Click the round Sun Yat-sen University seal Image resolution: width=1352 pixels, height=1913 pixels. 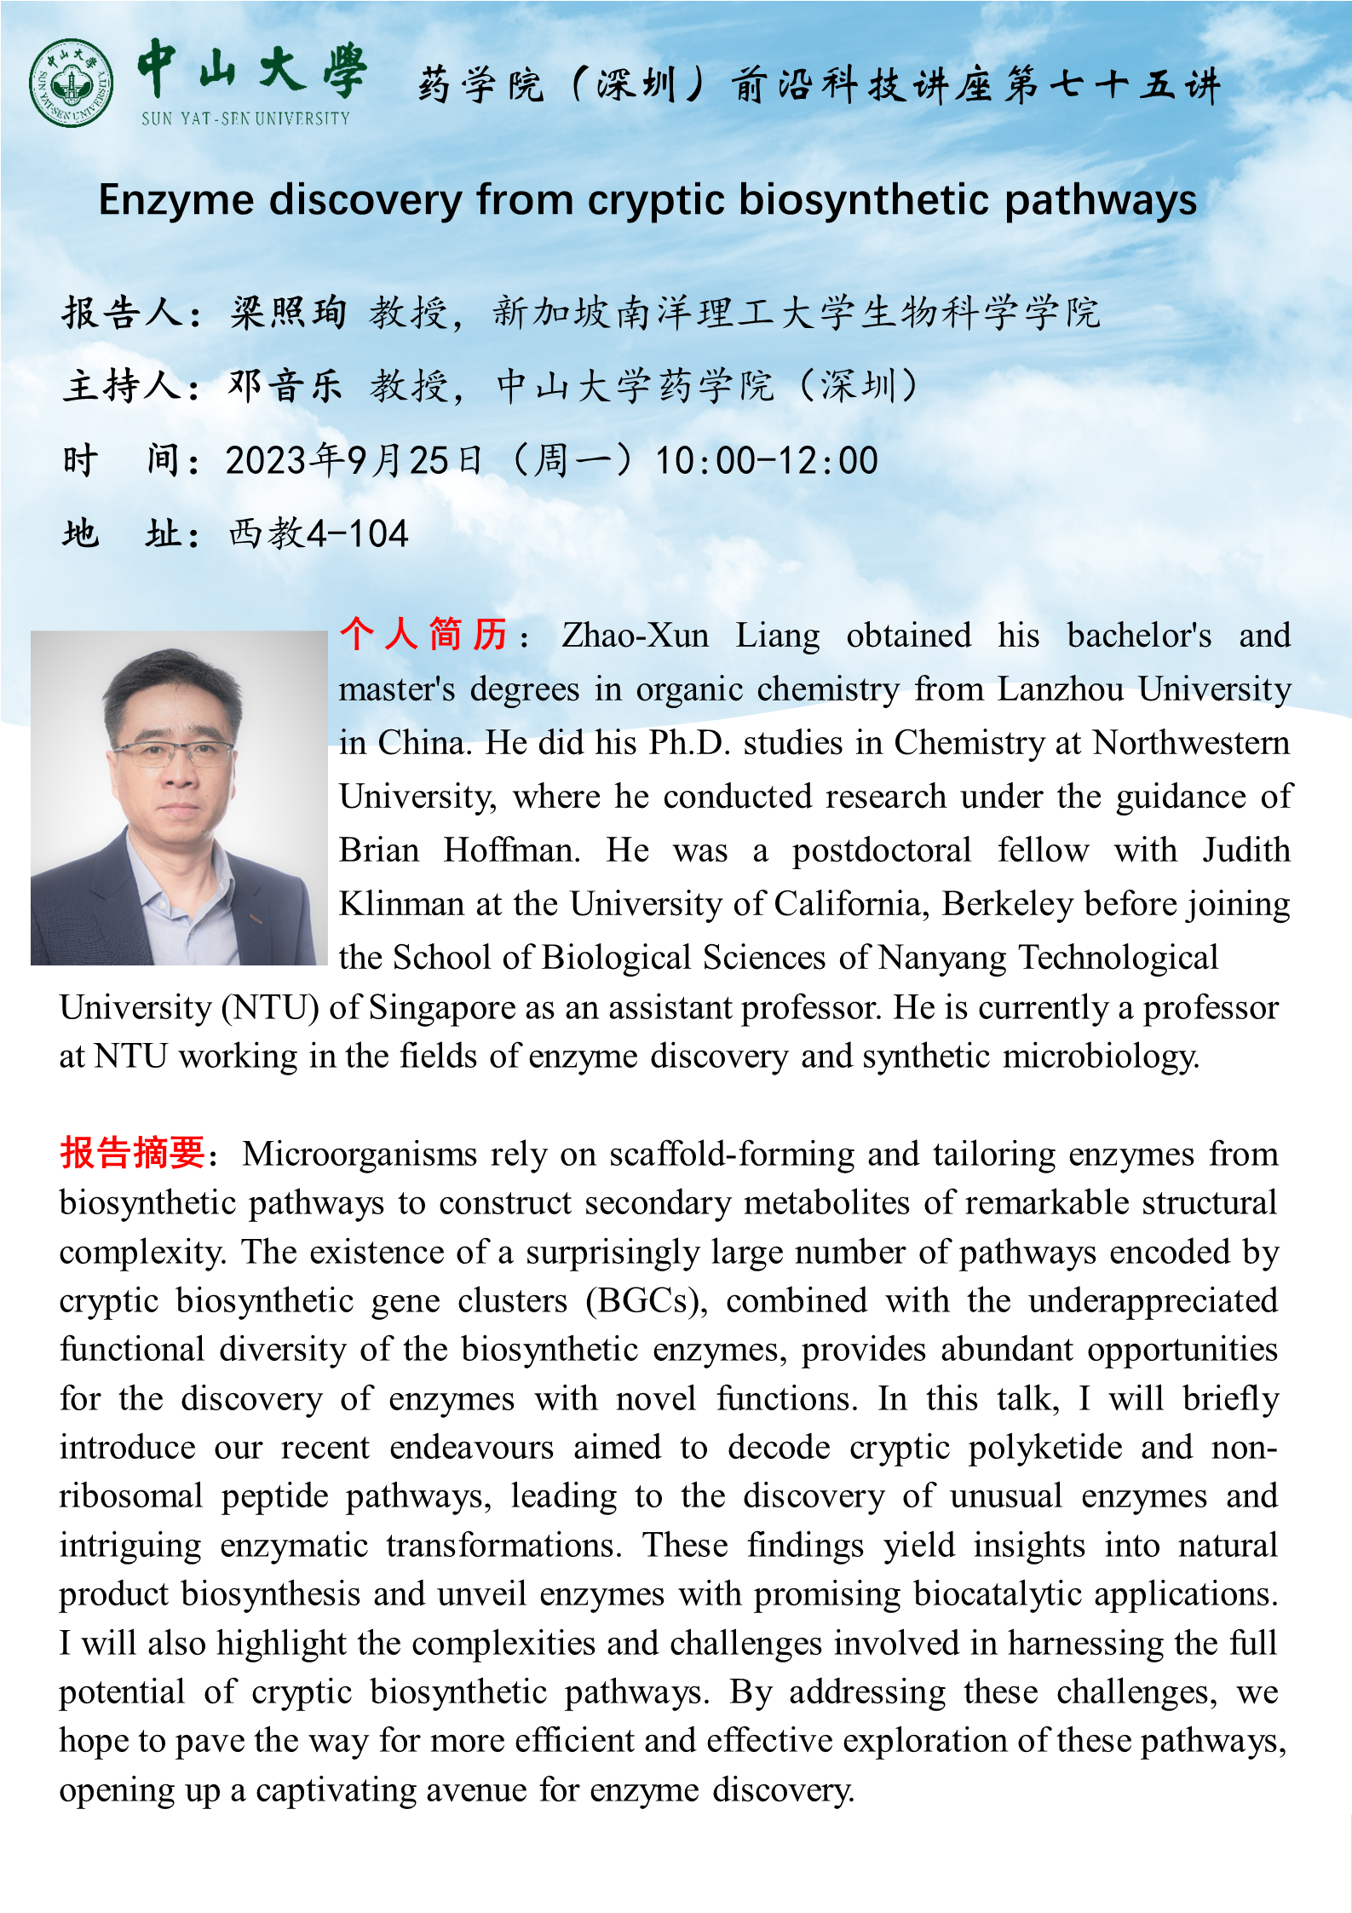71,83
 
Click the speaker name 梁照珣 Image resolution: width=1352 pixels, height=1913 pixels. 288,313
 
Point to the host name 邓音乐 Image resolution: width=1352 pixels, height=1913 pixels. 285,386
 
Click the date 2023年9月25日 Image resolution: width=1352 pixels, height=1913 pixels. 354,460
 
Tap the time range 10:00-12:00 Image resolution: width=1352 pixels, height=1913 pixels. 766,460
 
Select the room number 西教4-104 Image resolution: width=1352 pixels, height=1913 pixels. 319,534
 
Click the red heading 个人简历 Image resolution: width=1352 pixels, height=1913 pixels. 423,635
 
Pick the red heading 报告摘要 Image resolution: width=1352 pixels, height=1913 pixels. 132,1153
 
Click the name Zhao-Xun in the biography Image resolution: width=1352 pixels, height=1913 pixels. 635,636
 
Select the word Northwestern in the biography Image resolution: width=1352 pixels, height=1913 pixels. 1190,743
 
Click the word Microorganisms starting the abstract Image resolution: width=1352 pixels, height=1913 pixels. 360,1155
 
